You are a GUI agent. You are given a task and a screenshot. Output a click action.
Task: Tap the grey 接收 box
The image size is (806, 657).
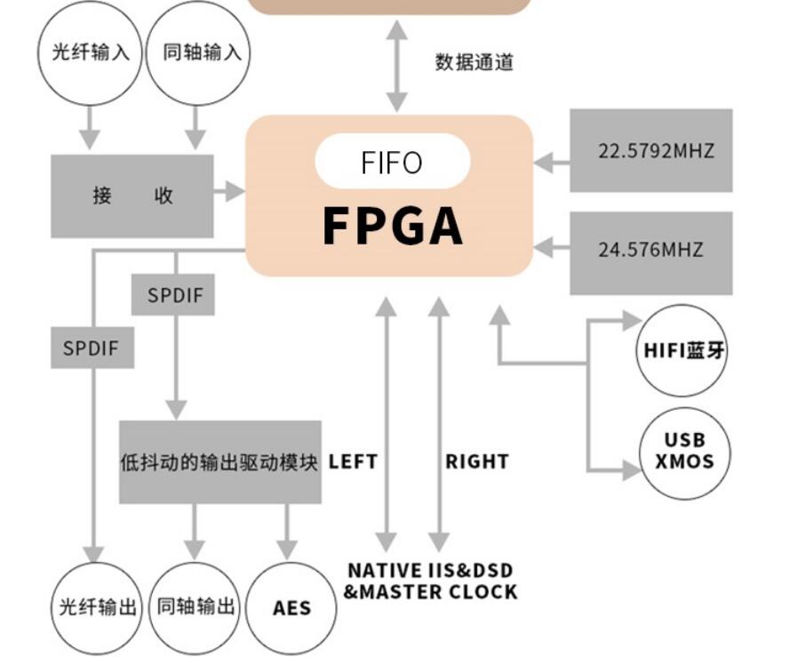132,196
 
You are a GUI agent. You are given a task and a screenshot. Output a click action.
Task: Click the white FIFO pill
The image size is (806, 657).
392,163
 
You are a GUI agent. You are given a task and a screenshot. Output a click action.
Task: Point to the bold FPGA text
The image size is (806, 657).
392,226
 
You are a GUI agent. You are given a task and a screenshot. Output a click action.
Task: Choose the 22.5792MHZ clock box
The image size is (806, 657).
650,150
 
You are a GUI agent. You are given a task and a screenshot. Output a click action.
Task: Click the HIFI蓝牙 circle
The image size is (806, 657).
683,350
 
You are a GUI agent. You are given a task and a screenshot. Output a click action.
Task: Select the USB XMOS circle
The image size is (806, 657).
684,451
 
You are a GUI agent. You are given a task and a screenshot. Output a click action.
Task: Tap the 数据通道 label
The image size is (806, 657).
474,62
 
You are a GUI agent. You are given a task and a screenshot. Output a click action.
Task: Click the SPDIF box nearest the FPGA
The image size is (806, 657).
173,295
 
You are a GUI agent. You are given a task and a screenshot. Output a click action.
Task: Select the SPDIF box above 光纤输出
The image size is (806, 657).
92,348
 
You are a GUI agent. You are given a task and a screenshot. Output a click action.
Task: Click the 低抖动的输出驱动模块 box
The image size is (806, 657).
219,462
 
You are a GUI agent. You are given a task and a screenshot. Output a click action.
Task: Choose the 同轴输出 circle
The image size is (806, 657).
195,608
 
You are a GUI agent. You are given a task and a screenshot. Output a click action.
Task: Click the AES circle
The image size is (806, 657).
291,608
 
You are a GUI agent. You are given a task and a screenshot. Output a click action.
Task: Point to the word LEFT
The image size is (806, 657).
353,462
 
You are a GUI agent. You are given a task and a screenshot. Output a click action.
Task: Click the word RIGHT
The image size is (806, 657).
477,462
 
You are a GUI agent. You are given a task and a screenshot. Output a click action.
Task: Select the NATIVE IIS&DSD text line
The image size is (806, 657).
430,571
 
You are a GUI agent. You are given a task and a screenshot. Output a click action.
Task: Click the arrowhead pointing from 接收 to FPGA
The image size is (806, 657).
235,191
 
